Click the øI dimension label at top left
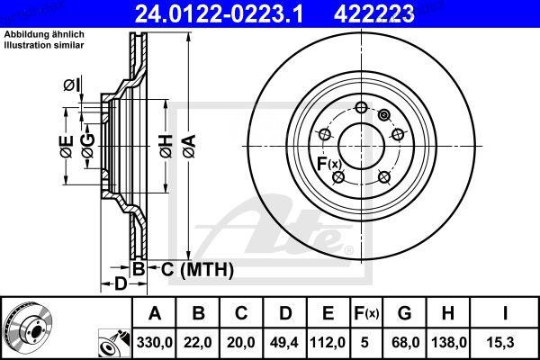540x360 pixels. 71,85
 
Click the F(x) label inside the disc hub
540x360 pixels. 328,163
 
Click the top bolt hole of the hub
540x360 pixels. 361,108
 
